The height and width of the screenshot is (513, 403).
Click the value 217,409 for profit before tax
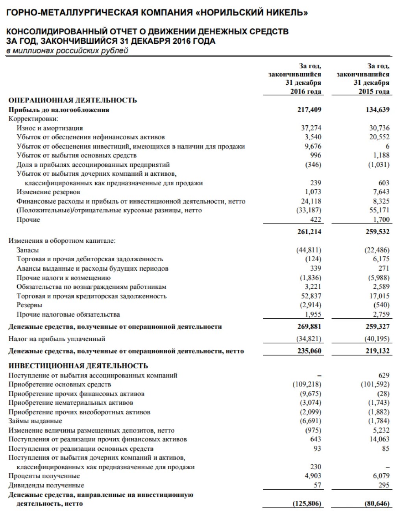[309, 110]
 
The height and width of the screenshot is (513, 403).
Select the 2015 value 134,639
[378, 110]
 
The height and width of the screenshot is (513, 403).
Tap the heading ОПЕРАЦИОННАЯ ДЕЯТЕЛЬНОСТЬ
[73, 100]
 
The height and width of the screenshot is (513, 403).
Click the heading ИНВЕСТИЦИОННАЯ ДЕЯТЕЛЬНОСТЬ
[78, 366]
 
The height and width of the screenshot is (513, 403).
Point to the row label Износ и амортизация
[50, 128]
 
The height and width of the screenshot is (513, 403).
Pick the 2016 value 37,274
[311, 128]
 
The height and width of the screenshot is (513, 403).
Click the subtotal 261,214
[309, 232]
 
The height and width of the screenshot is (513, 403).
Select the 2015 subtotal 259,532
[378, 232]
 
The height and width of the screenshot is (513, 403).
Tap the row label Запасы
[28, 250]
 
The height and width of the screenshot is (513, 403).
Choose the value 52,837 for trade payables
[311, 296]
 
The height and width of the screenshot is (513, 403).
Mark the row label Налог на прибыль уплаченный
[57, 339]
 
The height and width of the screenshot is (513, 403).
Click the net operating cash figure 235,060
[309, 351]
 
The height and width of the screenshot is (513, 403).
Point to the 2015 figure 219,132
[378, 351]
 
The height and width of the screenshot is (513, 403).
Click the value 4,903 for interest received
[313, 476]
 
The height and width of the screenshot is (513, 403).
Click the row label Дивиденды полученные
[46, 485]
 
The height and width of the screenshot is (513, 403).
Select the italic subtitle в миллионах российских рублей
[67, 51]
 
